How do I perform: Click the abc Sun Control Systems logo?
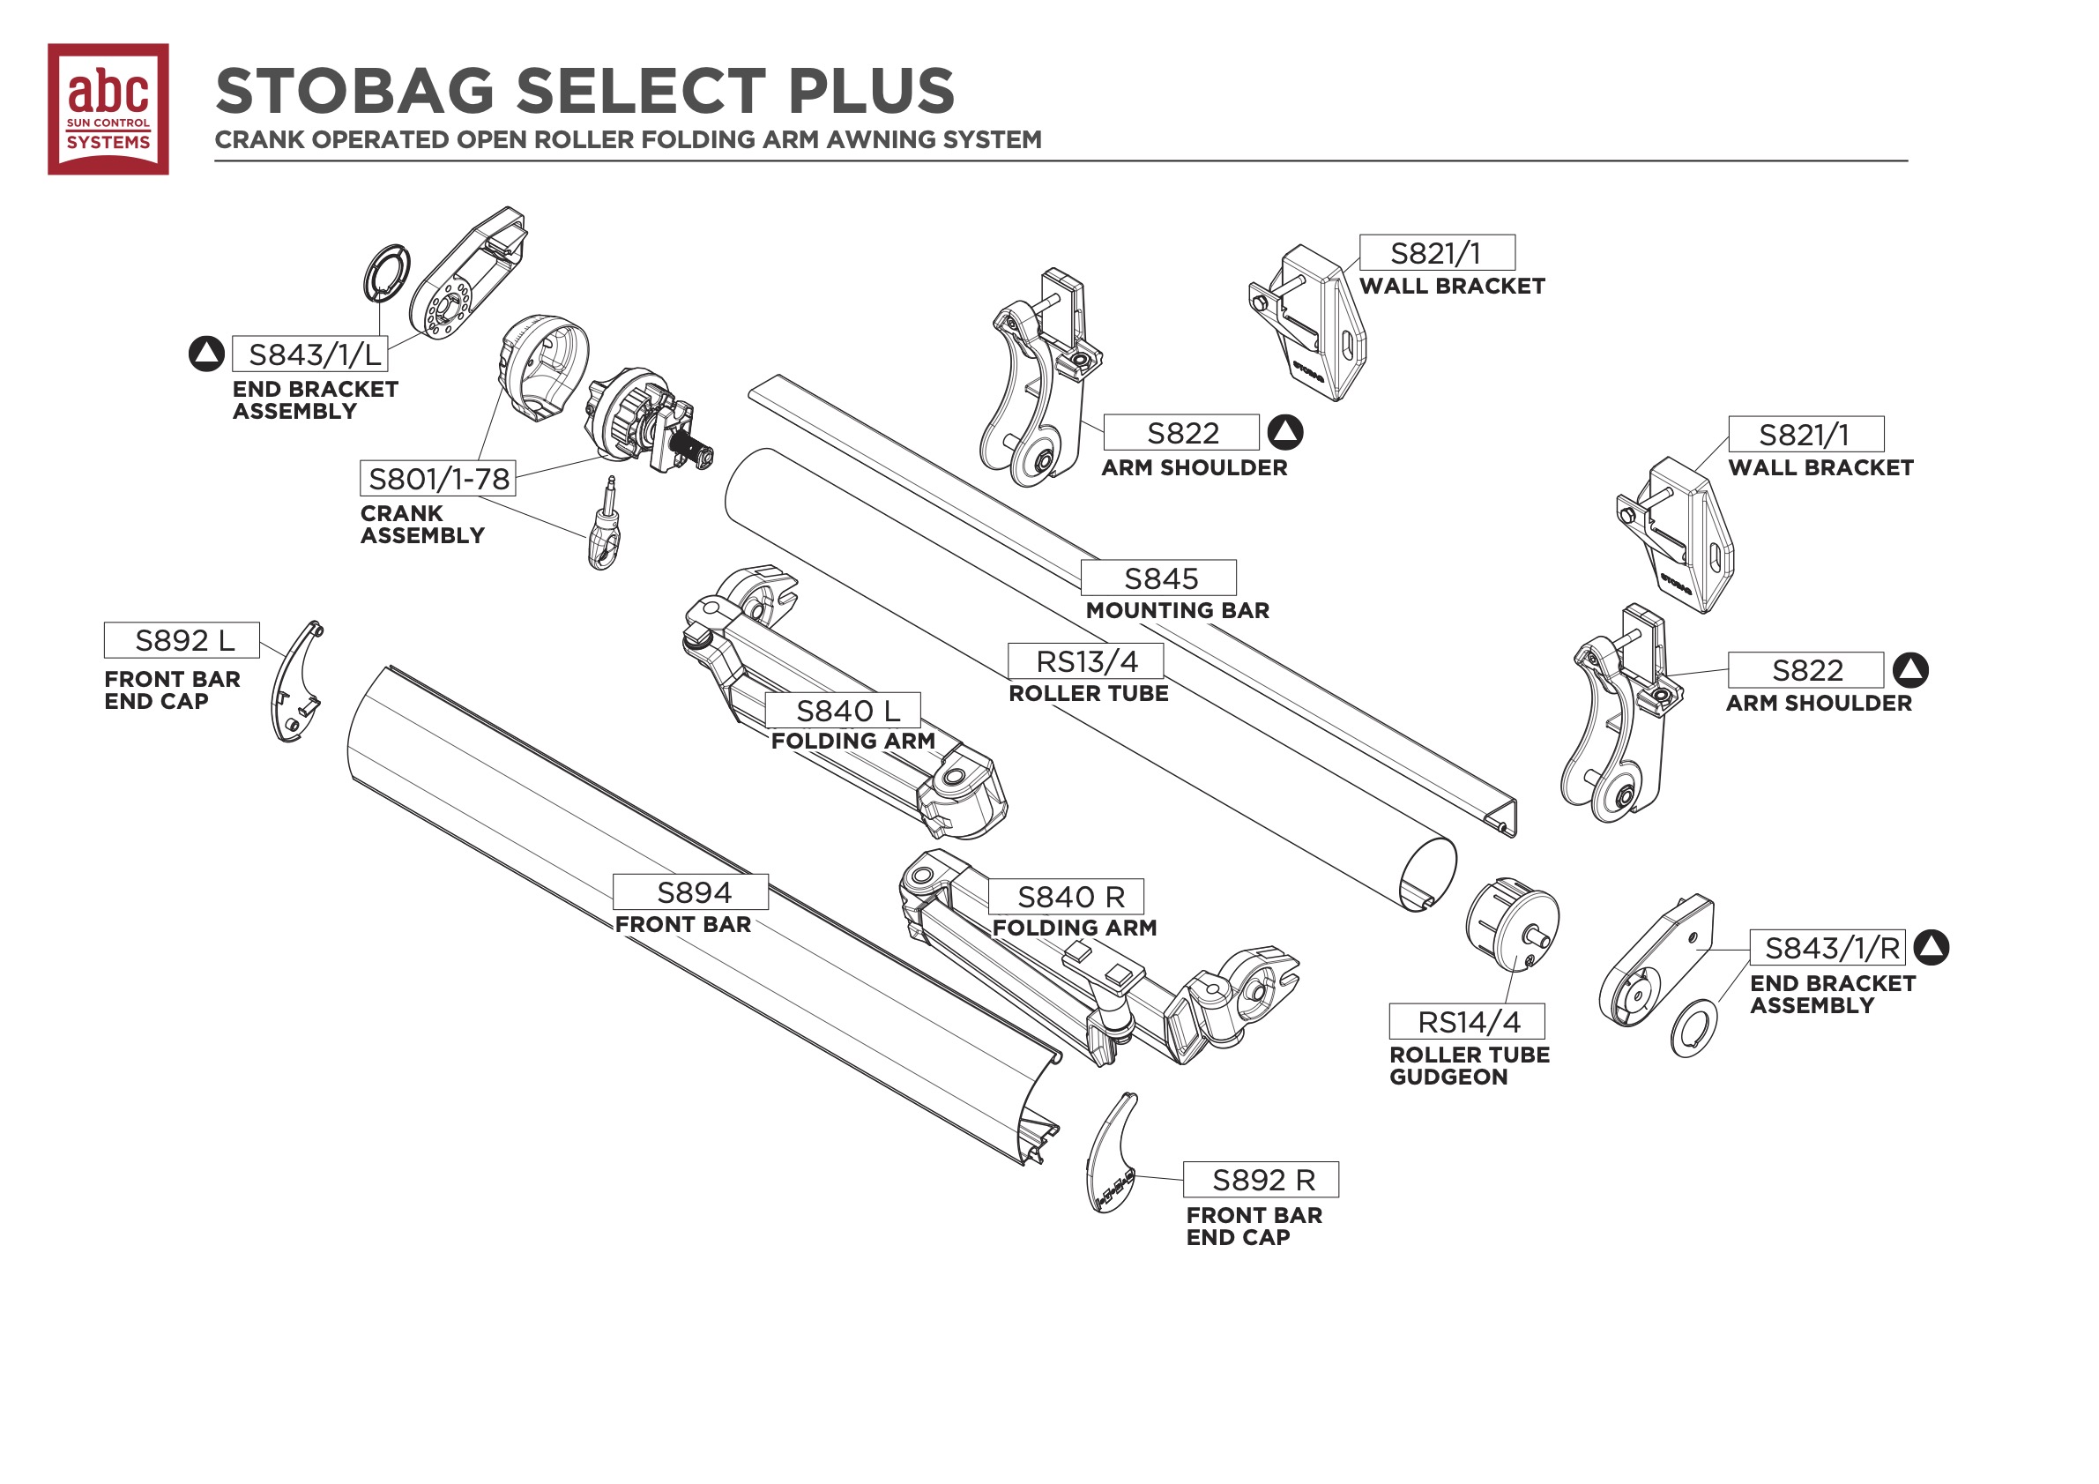108,108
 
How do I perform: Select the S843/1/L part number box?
310,354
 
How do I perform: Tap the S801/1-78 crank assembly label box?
438,478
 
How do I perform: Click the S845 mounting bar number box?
1158,578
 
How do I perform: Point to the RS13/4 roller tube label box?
1085,661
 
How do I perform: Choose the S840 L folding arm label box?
843,711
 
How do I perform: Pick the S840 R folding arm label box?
1066,897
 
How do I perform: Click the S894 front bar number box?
690,892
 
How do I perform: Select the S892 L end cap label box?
182,640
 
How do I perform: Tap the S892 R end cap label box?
1261,1180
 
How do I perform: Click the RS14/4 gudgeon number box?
1466,1021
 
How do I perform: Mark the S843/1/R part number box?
1827,948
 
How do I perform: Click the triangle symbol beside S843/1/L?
206,354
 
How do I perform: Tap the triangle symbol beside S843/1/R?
1931,947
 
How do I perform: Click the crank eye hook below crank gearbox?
603,530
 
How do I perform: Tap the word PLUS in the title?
870,92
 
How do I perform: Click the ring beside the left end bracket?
387,272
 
